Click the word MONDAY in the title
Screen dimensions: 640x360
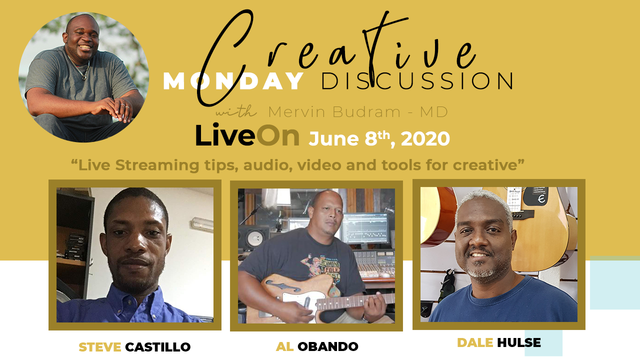tap(233, 81)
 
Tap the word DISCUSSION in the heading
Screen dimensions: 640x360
tap(417, 81)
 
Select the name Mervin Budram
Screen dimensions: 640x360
tap(334, 111)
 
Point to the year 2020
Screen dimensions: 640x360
tap(425, 139)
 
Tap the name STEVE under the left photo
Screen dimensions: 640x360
tap(99, 347)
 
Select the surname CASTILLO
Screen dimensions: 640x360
tap(157, 347)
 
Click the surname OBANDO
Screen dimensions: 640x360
tap(327, 346)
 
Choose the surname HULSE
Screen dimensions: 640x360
tap(519, 342)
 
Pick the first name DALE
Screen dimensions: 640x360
tap(475, 342)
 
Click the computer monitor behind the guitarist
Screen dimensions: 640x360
tap(365, 228)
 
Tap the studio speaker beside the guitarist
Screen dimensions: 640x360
tap(253, 237)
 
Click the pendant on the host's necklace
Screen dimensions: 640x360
tap(84, 77)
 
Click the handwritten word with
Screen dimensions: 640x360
tap(236, 111)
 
